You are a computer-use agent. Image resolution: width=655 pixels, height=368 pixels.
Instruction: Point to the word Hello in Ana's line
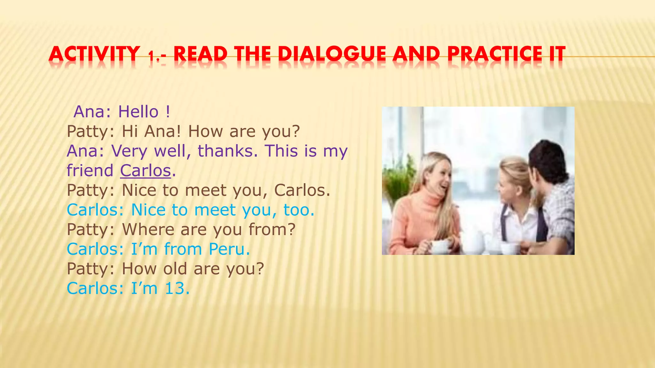click(x=138, y=112)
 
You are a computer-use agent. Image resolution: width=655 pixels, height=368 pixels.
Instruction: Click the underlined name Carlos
click(x=146, y=171)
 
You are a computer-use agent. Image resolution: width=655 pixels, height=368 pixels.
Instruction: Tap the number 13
click(x=175, y=288)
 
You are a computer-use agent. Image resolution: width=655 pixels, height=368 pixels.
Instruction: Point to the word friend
click(x=90, y=171)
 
